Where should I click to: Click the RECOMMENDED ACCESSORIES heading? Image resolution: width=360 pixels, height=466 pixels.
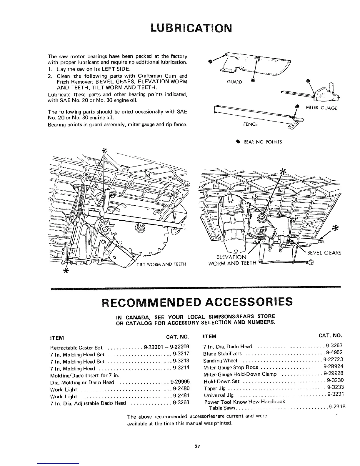pos(196,302)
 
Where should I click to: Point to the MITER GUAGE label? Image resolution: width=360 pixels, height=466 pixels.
pos(321,108)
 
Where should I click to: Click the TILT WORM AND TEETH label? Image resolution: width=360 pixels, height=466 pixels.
pos(161,264)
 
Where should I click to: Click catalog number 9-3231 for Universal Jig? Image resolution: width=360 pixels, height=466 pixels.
pos(336,394)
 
